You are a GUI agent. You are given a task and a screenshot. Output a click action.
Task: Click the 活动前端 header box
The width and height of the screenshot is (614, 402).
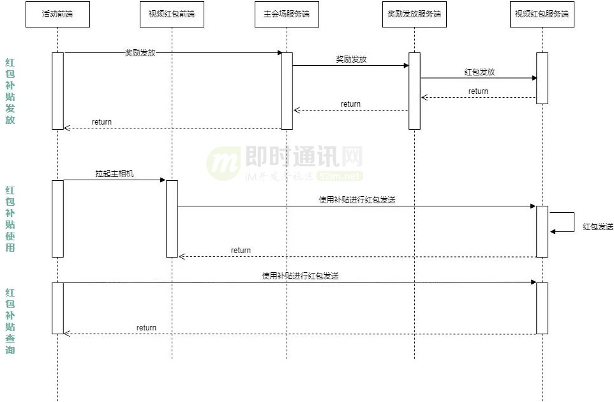pos(57,14)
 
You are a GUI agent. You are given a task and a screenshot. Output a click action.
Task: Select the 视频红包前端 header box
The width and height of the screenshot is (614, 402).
pos(172,14)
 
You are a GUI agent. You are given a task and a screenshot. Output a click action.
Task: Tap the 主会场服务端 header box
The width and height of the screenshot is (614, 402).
pos(287,14)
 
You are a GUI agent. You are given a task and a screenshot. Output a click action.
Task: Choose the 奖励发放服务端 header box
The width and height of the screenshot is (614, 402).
pos(414,14)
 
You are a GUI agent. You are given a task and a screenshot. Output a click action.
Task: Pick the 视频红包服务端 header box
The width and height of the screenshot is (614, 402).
pos(542,14)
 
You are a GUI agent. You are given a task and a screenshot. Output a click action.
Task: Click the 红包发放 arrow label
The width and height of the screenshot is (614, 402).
pos(479,72)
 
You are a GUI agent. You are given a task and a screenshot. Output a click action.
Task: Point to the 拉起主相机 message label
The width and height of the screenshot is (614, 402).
pos(114,174)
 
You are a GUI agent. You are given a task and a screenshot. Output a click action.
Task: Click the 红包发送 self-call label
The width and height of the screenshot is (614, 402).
pos(597,227)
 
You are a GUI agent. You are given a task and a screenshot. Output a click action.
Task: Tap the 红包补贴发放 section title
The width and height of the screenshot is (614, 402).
pos(10,91)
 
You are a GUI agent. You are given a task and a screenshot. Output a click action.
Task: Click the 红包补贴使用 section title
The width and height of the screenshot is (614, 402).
pos(10,219)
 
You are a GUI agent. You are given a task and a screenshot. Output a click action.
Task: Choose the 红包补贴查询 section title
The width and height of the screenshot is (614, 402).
pos(10,321)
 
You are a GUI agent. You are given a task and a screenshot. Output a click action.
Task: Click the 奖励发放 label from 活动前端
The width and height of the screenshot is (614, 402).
pos(140,52)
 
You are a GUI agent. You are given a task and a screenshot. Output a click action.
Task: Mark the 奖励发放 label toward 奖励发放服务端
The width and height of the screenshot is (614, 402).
pos(351,59)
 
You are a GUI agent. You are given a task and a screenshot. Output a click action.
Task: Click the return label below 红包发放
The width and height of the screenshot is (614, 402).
pos(478,91)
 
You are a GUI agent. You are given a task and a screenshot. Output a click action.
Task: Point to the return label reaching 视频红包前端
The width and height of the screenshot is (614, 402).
pos(241,251)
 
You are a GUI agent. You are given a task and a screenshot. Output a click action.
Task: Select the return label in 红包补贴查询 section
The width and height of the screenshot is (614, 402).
pos(146,328)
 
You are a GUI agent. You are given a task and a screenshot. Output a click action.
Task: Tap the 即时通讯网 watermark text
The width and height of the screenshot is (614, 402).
pos(304,156)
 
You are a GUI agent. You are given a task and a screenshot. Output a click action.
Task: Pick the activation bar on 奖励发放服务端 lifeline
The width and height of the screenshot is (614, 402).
pos(414,91)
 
